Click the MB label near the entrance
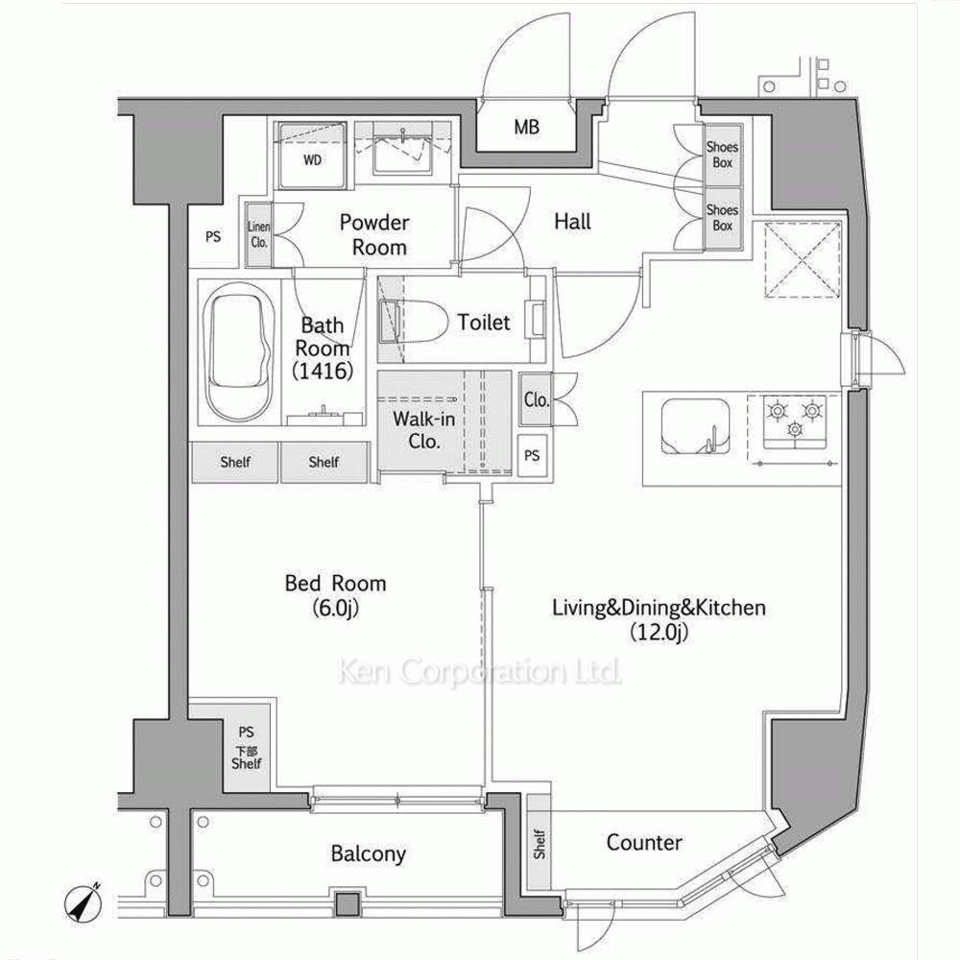[526, 127]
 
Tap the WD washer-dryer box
[312, 156]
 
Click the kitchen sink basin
[695, 427]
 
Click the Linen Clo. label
[258, 234]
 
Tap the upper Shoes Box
[723, 155]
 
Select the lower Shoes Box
[723, 218]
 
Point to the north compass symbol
[82, 903]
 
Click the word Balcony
[368, 853]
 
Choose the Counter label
[644, 843]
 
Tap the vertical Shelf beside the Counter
[539, 843]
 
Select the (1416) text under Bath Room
[323, 371]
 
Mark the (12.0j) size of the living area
[660, 632]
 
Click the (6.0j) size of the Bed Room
[335, 608]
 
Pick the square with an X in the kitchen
[802, 259]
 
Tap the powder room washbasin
[403, 149]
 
